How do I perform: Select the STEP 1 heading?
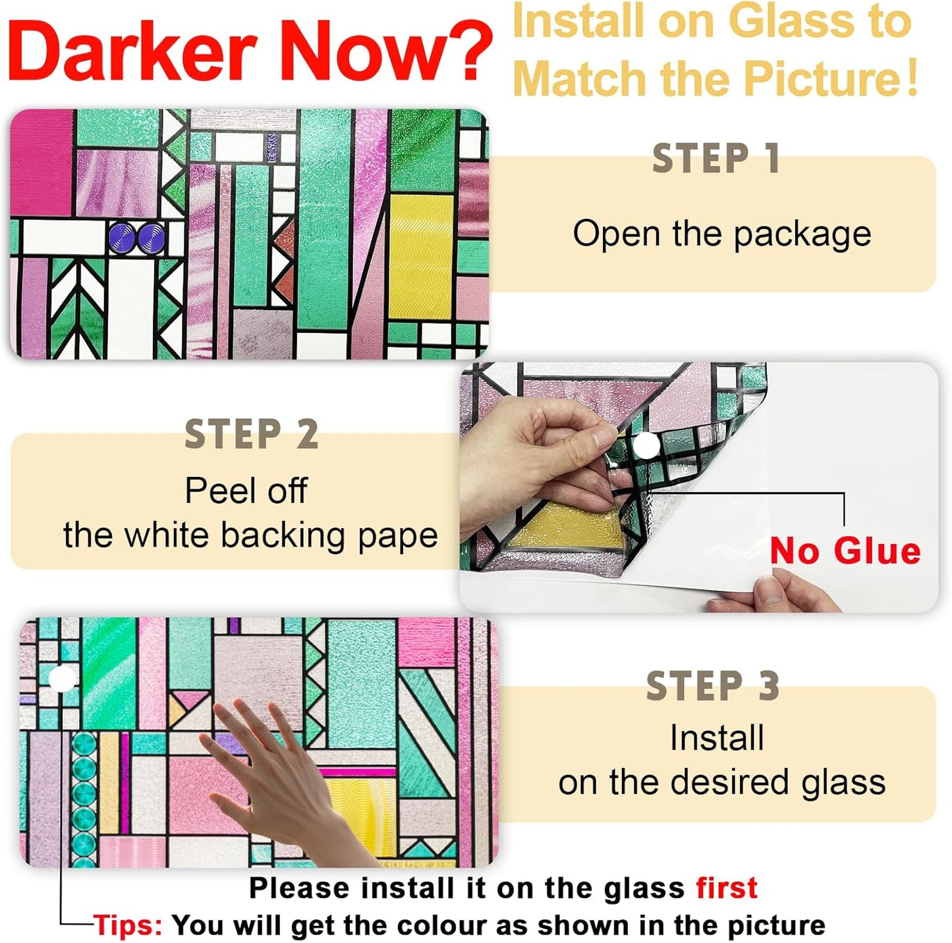tap(716, 159)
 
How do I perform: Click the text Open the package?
tap(721, 234)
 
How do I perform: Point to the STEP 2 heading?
tap(251, 435)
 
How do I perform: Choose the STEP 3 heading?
tap(713, 686)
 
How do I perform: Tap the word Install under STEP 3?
tap(717, 738)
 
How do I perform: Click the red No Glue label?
tap(845, 551)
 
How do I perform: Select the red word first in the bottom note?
tap(727, 888)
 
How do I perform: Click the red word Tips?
tap(127, 925)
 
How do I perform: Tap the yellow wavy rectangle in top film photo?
tap(421, 257)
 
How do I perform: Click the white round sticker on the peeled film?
tap(647, 446)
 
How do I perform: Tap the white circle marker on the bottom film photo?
tap(62, 678)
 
